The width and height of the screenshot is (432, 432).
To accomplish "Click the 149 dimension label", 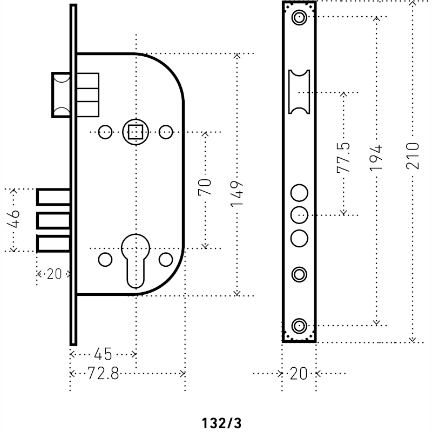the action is (237, 194).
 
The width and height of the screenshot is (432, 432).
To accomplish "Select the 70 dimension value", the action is (205, 187).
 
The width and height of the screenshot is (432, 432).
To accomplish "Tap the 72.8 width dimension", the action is (103, 374).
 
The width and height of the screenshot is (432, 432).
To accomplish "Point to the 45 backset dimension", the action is (103, 354).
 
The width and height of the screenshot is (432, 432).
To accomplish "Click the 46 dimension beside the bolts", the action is (13, 219).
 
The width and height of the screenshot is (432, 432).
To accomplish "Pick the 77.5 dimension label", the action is (343, 158).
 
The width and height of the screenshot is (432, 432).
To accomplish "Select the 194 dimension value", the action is (376, 158).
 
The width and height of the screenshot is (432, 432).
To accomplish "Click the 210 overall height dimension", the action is (413, 156).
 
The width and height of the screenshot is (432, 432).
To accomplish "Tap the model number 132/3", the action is (222, 423).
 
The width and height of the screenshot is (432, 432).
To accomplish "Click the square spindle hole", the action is (136, 132).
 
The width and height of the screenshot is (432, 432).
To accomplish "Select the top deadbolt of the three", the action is (53, 197).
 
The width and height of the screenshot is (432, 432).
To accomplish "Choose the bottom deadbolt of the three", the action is (53, 244).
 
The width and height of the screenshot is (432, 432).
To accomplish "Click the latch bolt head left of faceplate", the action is (61, 95).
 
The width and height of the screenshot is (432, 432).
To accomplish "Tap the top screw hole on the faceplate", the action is (299, 17).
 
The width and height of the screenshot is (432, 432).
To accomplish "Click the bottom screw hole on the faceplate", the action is (299, 326).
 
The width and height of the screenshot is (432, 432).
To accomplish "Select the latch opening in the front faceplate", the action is (299, 92).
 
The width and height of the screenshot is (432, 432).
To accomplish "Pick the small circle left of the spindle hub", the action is (105, 132).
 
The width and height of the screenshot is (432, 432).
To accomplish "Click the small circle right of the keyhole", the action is (166, 260).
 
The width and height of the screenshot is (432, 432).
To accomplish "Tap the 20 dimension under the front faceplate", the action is (299, 374).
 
